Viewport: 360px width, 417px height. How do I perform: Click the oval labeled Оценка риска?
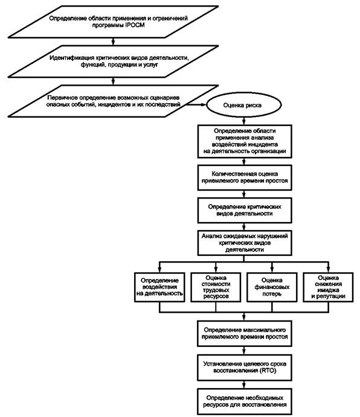[244, 105]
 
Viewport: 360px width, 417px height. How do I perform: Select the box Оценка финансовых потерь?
[272, 287]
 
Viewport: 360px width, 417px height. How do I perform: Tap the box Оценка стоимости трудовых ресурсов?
[216, 287]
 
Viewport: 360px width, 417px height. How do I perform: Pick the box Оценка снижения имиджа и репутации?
[328, 287]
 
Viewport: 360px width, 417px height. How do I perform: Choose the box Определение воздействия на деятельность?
[159, 287]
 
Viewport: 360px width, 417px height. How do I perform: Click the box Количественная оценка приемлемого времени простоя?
[245, 177]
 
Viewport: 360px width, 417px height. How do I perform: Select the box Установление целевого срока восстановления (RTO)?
[245, 368]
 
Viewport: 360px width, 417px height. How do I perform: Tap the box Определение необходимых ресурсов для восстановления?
[245, 401]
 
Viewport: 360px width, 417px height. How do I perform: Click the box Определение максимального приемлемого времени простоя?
[245, 333]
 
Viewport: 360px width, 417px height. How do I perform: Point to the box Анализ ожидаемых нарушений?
[245, 243]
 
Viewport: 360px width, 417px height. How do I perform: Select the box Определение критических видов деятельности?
[245, 210]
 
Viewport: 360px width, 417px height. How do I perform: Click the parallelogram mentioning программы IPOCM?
[113, 22]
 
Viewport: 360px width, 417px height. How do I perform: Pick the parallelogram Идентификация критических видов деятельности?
[113, 62]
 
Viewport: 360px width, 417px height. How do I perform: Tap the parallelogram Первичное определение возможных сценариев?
[113, 101]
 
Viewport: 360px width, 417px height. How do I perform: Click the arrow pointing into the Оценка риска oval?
[196, 104]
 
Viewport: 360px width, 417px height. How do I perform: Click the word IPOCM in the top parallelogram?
[135, 25]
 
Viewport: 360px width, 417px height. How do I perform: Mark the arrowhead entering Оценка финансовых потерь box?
[272, 270]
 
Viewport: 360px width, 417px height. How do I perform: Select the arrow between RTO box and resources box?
[244, 384]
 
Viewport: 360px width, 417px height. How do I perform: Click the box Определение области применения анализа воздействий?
[245, 141]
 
